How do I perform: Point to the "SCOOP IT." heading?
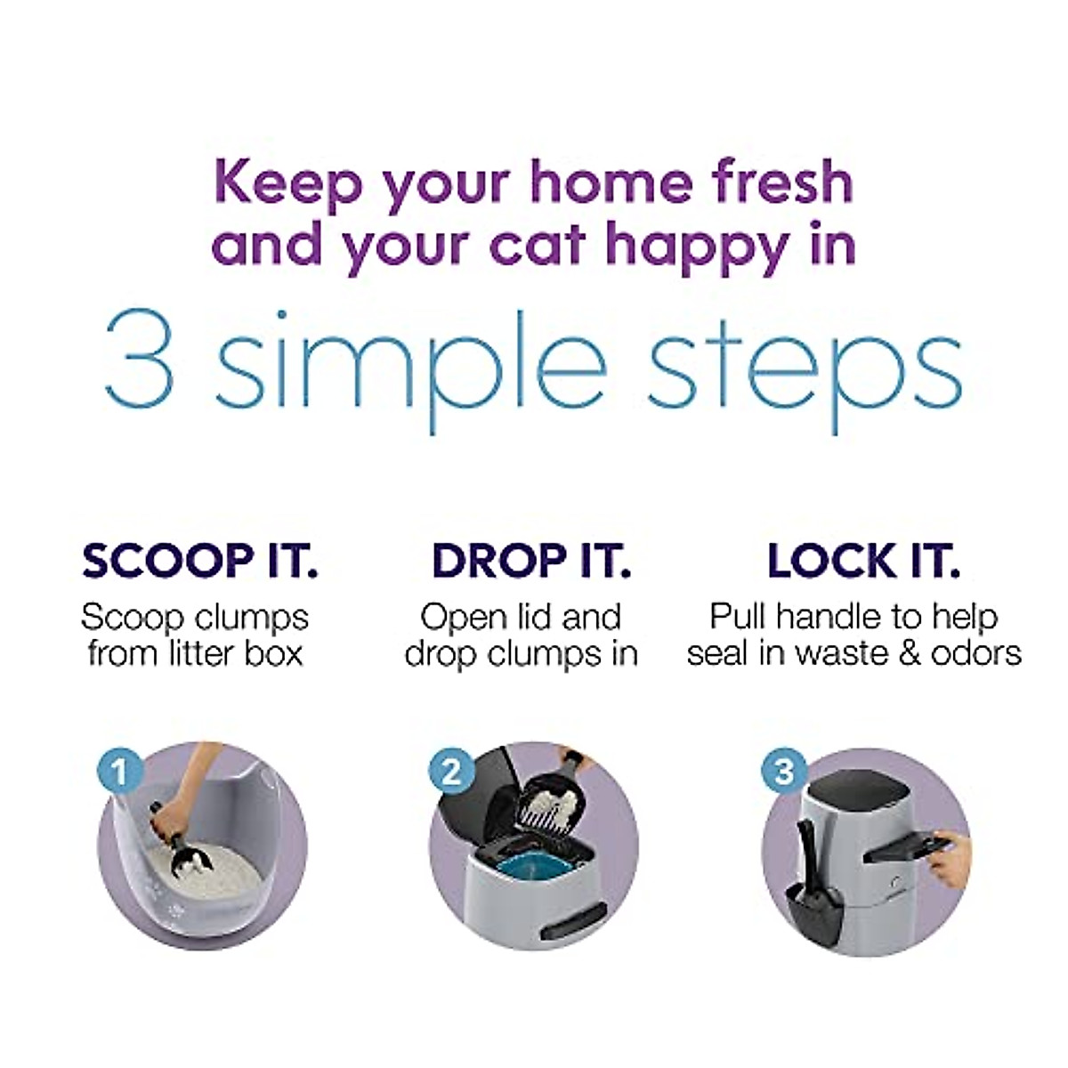click(199, 561)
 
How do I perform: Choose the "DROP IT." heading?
click(531, 561)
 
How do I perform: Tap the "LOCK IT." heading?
click(863, 561)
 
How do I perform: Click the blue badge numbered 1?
click(119, 771)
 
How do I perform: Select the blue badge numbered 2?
click(451, 771)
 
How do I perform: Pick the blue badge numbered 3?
click(783, 771)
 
